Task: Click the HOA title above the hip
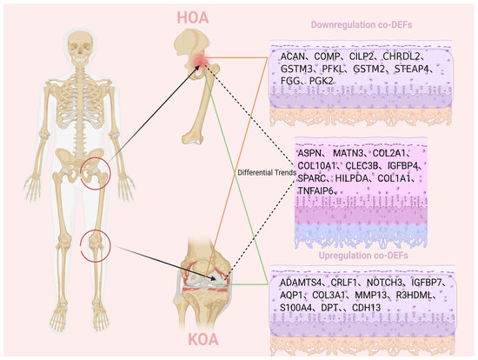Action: click(x=193, y=17)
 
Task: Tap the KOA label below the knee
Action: click(x=203, y=339)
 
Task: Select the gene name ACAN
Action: click(x=293, y=57)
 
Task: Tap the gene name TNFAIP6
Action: click(x=315, y=190)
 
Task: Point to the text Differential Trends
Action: click(x=267, y=173)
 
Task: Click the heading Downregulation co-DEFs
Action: click(x=362, y=24)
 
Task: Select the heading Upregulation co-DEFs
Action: click(x=363, y=256)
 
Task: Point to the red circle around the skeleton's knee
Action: click(x=110, y=246)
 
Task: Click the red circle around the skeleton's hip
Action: click(x=110, y=173)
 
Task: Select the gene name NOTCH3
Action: click(x=384, y=283)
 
